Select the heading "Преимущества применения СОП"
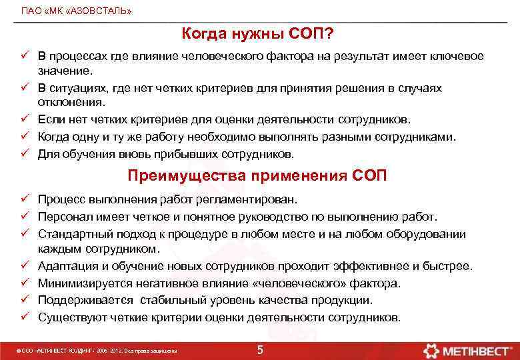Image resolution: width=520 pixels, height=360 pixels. tap(258, 177)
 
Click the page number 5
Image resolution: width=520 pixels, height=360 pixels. tap(260, 350)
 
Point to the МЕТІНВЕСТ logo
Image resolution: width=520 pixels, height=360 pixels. tap(469, 349)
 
